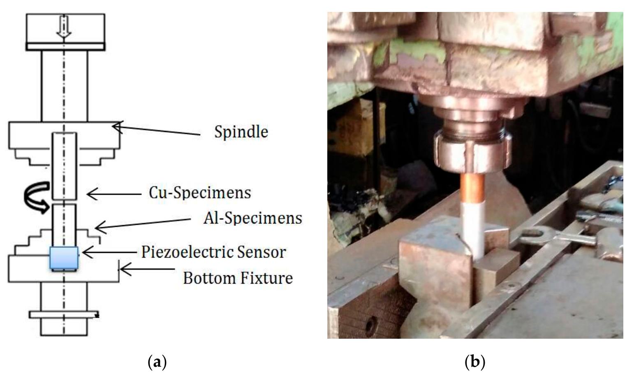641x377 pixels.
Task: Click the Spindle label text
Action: click(241, 132)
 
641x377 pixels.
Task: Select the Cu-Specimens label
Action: click(200, 193)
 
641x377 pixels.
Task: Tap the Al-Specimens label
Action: click(252, 218)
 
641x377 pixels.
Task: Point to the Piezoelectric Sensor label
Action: click(213, 251)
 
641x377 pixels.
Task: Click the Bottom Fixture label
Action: click(238, 278)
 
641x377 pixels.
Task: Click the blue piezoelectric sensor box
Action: click(64, 258)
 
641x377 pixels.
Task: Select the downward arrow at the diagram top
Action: click(64, 29)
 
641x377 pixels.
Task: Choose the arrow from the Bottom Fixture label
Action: click(148, 270)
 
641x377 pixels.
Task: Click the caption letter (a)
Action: click(157, 362)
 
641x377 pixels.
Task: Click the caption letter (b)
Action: click(475, 362)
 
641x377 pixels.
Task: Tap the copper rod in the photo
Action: click(471, 187)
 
